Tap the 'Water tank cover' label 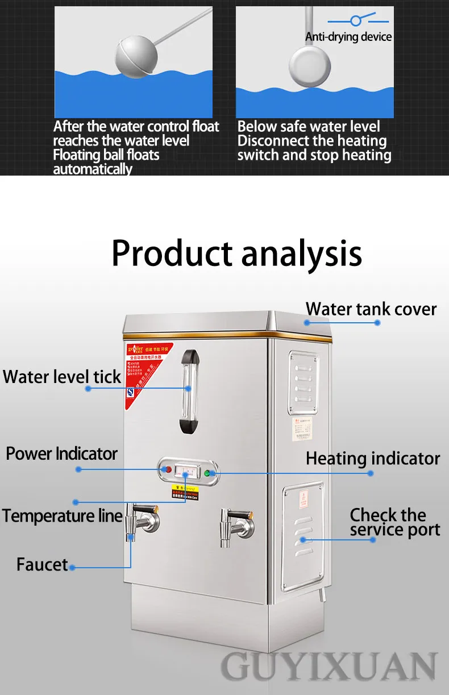pos(371,309)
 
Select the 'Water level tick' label pos(62,377)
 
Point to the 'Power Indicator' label pos(61,454)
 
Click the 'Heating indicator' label pos(373,459)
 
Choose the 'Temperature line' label pos(62,516)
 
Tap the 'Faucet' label pos(42,565)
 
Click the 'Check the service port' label pos(395,522)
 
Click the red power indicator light pos(167,469)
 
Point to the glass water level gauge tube pos(188,392)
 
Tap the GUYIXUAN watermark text pos(329,667)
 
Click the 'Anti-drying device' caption pos(348,37)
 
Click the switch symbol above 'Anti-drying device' pos(355,20)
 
